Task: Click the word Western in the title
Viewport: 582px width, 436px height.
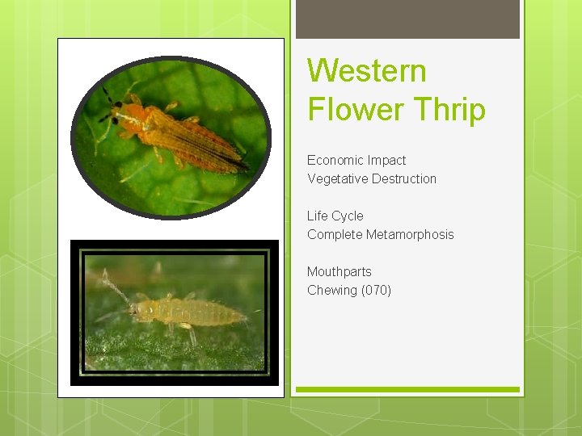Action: [x=366, y=70]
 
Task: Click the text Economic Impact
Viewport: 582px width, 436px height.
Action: [x=356, y=160]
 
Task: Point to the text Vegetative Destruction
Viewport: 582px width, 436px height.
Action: [x=372, y=178]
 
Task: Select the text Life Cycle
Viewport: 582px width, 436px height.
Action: [x=335, y=216]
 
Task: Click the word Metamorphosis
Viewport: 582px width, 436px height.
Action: [x=410, y=234]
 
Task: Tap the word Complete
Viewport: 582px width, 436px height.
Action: [x=335, y=234]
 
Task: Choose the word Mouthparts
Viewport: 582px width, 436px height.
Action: [x=339, y=271]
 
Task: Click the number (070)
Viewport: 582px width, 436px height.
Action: [x=376, y=290]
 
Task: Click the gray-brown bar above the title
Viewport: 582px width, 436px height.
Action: [x=407, y=19]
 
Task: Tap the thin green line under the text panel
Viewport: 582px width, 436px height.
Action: [x=407, y=389]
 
